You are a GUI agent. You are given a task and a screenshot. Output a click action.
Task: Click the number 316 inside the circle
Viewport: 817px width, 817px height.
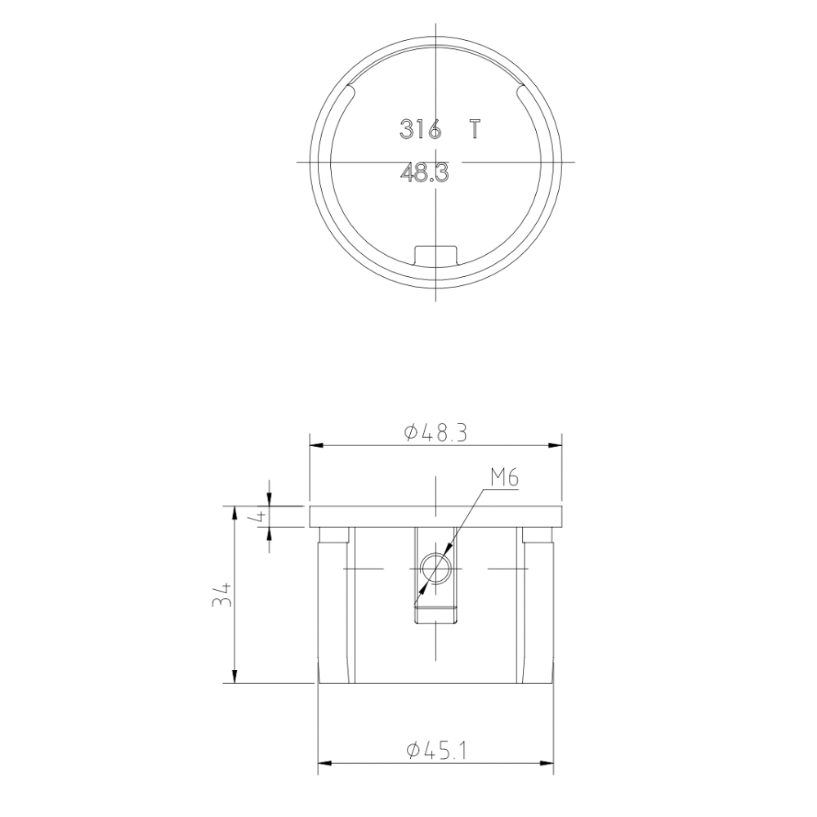click(x=420, y=129)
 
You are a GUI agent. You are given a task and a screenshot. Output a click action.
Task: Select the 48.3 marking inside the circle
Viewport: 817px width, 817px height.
click(x=425, y=173)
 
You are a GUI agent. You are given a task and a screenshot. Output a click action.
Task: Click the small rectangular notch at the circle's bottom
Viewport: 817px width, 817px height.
click(x=435, y=255)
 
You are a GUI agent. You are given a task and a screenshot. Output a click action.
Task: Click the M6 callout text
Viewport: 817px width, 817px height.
click(x=505, y=478)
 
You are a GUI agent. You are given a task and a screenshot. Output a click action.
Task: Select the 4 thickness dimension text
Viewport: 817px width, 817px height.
click(x=259, y=516)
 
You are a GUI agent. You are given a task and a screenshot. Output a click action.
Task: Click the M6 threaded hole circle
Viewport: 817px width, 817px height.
click(x=435, y=568)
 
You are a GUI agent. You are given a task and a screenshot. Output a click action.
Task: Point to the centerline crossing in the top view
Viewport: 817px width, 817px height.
click(x=437, y=162)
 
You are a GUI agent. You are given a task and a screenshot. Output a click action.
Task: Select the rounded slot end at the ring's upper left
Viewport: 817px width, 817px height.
click(x=350, y=92)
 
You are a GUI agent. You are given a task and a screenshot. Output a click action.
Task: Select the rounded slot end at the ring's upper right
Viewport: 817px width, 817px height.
click(x=524, y=92)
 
